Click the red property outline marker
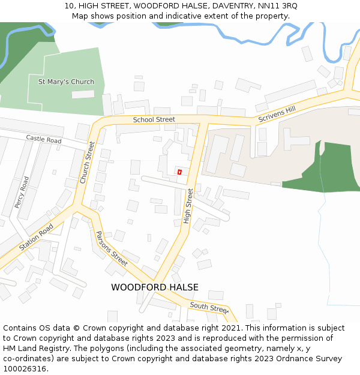coord(179,172)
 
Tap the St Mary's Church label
coord(66,82)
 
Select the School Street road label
coord(154,119)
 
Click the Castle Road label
coord(44,139)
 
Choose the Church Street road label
coord(88,162)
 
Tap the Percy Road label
coord(22,192)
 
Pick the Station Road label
coord(36,238)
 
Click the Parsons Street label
coord(112,249)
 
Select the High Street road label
coord(188,206)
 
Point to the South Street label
coord(209,308)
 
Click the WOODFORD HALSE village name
coord(154,287)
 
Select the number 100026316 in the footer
coord(24,368)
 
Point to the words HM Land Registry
coord(34,348)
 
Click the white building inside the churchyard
coord(83,94)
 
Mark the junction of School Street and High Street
coord(203,121)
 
